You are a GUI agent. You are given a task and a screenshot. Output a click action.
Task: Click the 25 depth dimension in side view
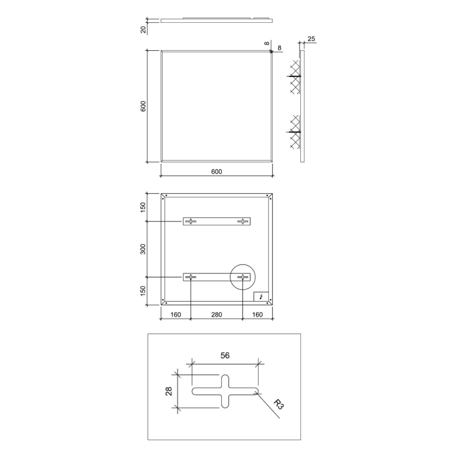pyautogui.click(x=311, y=40)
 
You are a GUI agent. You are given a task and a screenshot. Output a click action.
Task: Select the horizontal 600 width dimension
pyautogui.click(x=217, y=172)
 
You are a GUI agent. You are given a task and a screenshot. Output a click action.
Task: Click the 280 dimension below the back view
pyautogui.click(x=217, y=315)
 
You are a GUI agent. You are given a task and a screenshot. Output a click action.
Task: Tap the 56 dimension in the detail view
pyautogui.click(x=225, y=356)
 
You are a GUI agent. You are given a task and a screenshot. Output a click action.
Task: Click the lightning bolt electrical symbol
pyautogui.click(x=262, y=297)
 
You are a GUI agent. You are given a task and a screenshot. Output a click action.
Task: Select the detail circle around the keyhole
pyautogui.click(x=243, y=277)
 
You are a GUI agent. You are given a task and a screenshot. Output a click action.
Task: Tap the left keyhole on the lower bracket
pyautogui.click(x=191, y=277)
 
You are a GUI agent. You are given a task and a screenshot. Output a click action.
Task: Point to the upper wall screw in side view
pyautogui.click(x=295, y=77)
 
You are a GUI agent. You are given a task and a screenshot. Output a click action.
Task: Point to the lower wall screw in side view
pyautogui.click(x=295, y=133)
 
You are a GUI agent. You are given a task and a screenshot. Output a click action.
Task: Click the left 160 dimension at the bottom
pyautogui.click(x=176, y=315)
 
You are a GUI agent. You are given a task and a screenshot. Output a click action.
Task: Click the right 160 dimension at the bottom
pyautogui.click(x=257, y=315)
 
